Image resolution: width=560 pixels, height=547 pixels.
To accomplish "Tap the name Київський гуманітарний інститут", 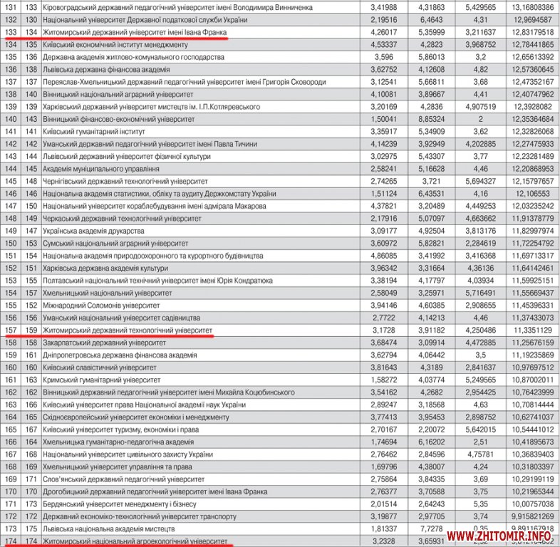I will click(x=94, y=132).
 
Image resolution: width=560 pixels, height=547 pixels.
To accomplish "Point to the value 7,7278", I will click(x=432, y=528).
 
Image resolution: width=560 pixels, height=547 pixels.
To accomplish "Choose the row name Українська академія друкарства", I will click(x=93, y=231).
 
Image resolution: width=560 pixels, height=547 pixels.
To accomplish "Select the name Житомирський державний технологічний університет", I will click(x=128, y=330).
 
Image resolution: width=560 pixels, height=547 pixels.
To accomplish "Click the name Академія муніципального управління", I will click(x=101, y=169).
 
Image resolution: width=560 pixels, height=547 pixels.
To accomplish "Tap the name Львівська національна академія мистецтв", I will click(x=108, y=528).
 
